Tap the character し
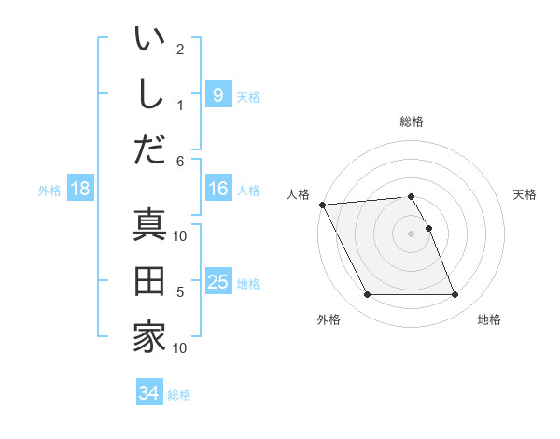149,93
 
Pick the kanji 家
149,336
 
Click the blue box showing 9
217,94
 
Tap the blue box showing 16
217,190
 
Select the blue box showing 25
217,282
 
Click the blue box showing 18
80,190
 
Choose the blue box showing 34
148,393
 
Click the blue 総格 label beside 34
179,395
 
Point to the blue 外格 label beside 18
49,191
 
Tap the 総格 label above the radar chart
412,121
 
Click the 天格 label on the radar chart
525,194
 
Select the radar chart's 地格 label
489,319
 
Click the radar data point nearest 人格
322,205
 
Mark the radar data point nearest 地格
455,295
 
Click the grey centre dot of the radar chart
412,234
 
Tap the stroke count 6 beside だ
180,162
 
